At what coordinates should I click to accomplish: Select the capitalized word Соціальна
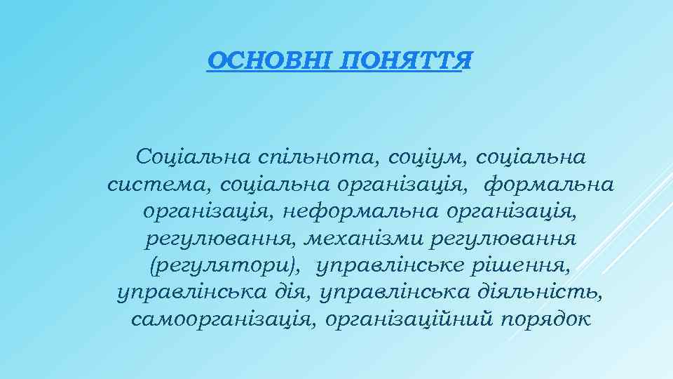coord(184,157)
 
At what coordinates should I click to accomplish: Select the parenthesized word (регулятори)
coord(225,266)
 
